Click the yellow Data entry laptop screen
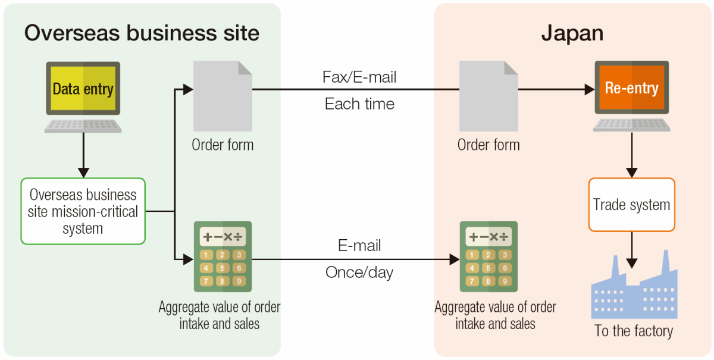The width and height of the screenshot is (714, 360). click(x=83, y=89)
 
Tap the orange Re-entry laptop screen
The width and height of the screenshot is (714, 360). click(x=631, y=88)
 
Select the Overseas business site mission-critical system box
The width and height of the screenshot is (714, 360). click(x=83, y=211)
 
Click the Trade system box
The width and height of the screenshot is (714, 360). click(x=631, y=205)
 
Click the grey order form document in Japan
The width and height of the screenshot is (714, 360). click(x=488, y=96)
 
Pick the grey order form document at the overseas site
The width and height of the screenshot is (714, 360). click(x=223, y=96)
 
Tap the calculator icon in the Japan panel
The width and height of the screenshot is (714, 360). click(x=488, y=256)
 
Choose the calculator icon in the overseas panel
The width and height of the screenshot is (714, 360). click(x=223, y=256)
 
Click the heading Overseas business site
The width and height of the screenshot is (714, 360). click(x=142, y=33)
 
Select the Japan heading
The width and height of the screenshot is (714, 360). click(x=572, y=33)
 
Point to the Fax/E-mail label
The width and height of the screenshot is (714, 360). click(x=359, y=77)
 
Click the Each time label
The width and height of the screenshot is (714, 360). click(x=359, y=104)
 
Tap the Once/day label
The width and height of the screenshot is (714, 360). click(x=359, y=273)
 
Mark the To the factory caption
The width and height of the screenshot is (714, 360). click(x=634, y=331)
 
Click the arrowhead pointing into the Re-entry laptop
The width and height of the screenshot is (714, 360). click(x=590, y=90)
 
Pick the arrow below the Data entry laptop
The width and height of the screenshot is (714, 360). click(x=83, y=155)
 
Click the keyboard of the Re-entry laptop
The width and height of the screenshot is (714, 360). click(x=631, y=124)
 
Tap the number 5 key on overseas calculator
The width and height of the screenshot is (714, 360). click(x=223, y=268)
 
